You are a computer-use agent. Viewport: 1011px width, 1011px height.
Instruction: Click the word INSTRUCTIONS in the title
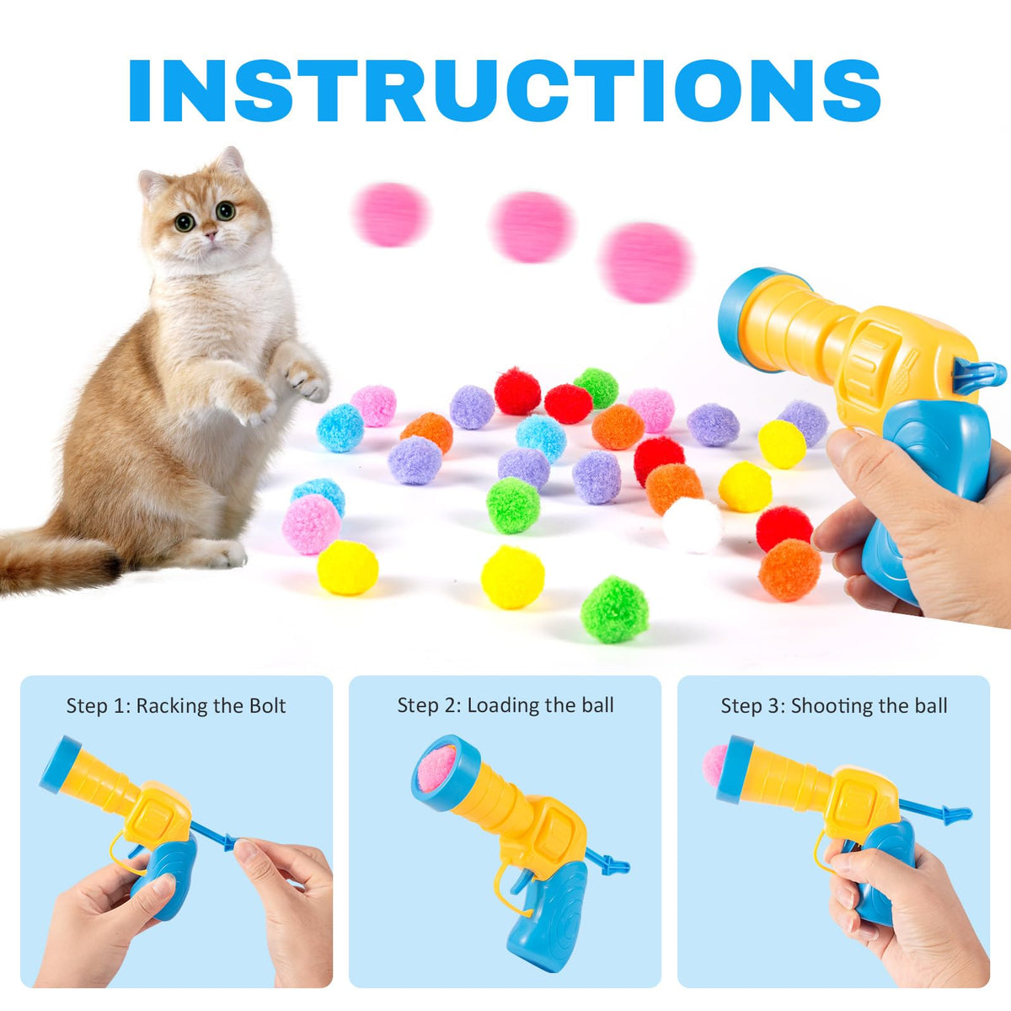[x=505, y=90]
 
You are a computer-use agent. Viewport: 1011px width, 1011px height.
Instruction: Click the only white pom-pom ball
[x=692, y=525]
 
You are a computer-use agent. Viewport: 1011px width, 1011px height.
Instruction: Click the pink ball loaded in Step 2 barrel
[x=436, y=768]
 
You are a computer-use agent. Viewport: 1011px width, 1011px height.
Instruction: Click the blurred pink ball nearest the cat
[x=390, y=215]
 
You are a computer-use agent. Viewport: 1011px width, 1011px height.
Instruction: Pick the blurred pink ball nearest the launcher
[x=646, y=262]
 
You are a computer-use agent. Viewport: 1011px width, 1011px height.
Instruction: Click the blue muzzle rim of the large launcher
[x=735, y=315]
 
